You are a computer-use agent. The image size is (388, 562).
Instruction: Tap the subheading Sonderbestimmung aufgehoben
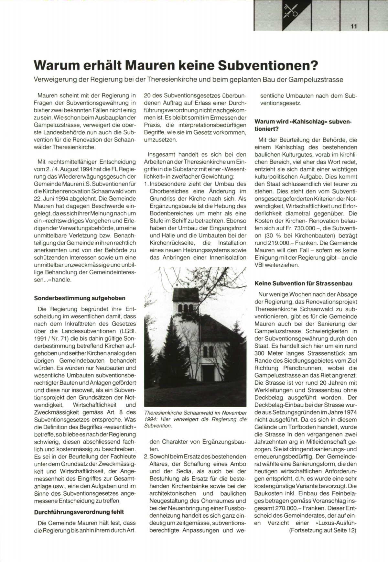click(80, 298)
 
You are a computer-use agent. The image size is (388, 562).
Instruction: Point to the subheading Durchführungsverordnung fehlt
click(79, 512)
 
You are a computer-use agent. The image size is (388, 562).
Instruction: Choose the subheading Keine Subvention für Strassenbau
click(304, 283)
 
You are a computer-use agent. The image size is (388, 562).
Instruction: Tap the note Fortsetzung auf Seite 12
click(323, 530)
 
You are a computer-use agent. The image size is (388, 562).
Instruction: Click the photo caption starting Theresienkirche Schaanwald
click(195, 419)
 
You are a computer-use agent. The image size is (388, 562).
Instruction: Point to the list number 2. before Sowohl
click(146, 457)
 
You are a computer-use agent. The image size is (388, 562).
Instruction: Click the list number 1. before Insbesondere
click(146, 184)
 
